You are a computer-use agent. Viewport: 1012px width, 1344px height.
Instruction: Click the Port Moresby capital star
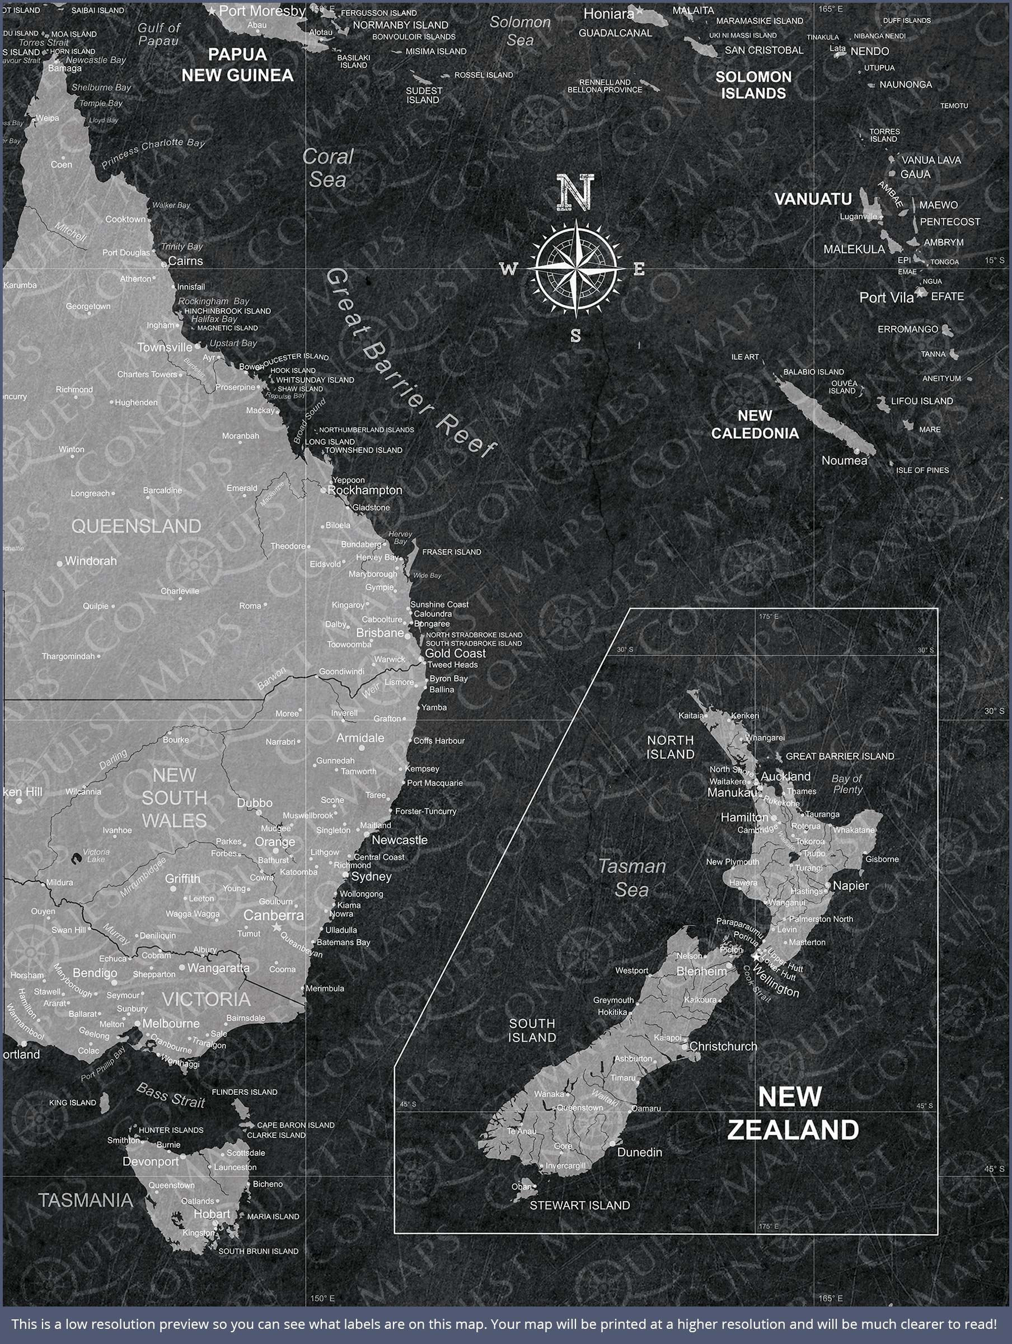212,11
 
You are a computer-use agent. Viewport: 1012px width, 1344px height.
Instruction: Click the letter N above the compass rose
575,193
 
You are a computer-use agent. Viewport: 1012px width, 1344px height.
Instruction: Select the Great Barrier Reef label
410,363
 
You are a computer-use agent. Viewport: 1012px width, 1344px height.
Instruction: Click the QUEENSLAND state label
136,526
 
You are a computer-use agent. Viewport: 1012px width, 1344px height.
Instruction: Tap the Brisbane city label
379,632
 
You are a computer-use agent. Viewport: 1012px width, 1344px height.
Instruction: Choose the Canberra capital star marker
277,927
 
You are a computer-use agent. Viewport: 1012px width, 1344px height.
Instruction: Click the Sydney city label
371,876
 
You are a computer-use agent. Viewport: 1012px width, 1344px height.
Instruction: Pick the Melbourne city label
171,1024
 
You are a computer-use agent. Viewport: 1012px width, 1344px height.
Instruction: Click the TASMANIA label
86,1200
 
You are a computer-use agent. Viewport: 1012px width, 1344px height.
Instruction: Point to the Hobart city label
212,1214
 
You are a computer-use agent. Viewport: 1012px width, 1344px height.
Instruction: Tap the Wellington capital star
756,956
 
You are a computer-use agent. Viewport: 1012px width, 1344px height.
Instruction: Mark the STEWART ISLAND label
579,1206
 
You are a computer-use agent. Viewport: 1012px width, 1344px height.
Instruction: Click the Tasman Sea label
632,878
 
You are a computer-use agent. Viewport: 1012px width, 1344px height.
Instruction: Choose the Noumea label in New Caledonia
844,460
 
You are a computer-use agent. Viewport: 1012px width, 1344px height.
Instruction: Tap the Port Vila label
886,298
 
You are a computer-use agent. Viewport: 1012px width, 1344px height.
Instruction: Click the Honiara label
608,13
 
